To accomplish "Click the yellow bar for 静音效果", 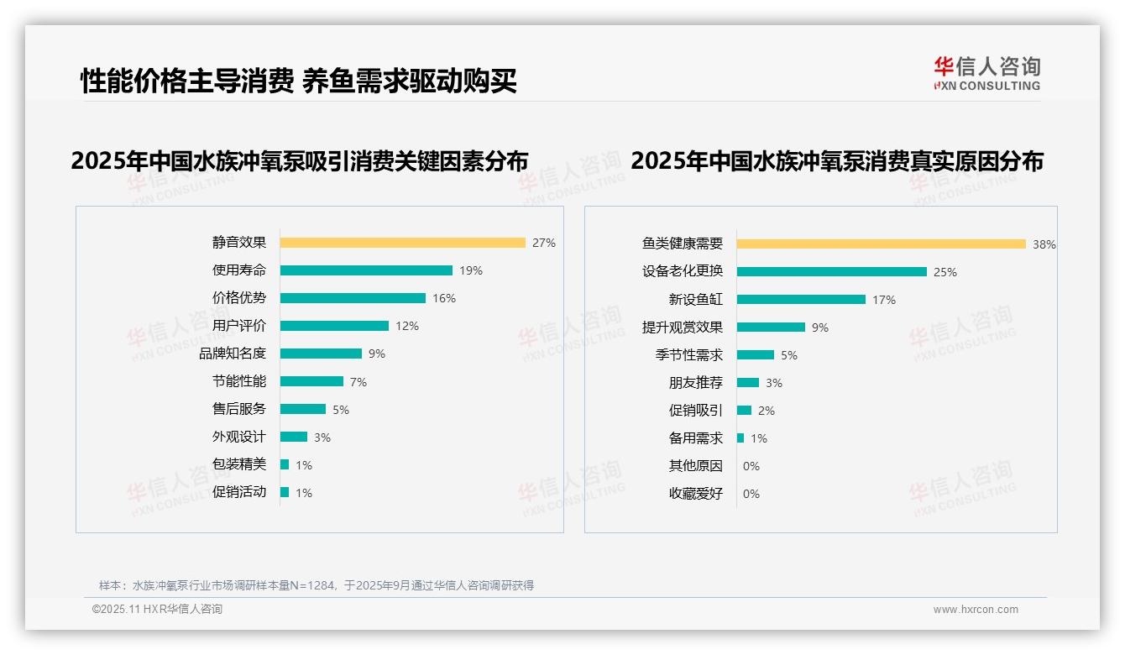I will pos(402,243).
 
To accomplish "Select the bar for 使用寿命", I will pos(366,270).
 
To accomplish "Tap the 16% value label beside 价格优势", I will pos(444,298).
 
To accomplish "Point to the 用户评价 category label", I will pos(238,326).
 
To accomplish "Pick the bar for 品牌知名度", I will pos(321,354).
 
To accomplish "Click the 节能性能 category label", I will pos(238,381).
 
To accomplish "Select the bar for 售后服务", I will pos(302,409).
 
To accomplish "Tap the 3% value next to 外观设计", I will pos(322,438).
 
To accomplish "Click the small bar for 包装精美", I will pos(285,464).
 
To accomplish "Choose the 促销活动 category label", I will pos(238,492).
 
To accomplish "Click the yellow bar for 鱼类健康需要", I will pos(881,244).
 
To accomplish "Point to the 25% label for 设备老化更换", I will pos(945,272).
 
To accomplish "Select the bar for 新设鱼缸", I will pos(801,299).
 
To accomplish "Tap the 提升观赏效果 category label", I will pos(682,327).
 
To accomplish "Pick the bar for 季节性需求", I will pos(756,354).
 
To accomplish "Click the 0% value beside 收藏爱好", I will pos(751,494).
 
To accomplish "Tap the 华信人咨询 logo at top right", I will pos(986,74).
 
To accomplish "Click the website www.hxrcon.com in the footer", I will pos(976,610).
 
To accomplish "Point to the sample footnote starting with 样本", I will pos(317,585).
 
